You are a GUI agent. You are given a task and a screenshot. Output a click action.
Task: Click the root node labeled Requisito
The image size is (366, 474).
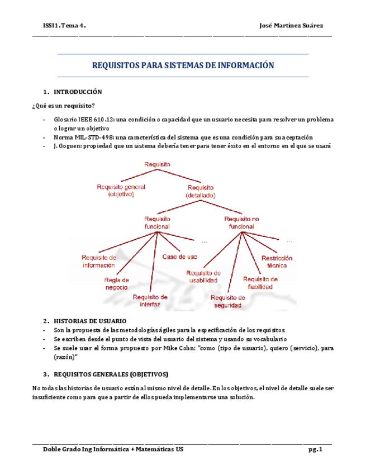pyautogui.click(x=157, y=164)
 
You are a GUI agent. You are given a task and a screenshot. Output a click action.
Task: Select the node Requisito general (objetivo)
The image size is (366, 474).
pyautogui.click(x=121, y=191)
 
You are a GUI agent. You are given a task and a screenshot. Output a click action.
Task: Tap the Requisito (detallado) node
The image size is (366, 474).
pyautogui.click(x=200, y=191)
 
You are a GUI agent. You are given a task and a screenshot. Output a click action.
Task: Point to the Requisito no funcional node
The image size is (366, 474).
pyautogui.click(x=242, y=222)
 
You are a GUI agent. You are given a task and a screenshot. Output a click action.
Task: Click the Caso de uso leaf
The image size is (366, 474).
pyautogui.click(x=179, y=257)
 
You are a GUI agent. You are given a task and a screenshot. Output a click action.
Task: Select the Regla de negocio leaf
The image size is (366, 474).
pyautogui.click(x=117, y=283)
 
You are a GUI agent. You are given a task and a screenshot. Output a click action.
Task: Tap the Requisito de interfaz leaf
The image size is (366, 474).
pyautogui.click(x=150, y=301)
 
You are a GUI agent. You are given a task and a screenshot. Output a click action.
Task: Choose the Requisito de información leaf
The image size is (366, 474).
pyautogui.click(x=99, y=261)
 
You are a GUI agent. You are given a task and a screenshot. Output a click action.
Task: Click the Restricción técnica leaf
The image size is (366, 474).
pyautogui.click(x=277, y=262)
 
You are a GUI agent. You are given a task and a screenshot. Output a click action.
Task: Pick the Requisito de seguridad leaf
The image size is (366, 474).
pyautogui.click(x=228, y=302)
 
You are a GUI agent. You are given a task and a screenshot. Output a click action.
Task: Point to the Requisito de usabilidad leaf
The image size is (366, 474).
pyautogui.click(x=203, y=277)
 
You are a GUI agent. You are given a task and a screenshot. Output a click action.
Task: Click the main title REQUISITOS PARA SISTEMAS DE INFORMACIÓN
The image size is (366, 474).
pyautogui.click(x=183, y=66)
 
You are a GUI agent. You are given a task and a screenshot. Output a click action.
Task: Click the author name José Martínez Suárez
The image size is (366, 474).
pyautogui.click(x=291, y=26)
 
